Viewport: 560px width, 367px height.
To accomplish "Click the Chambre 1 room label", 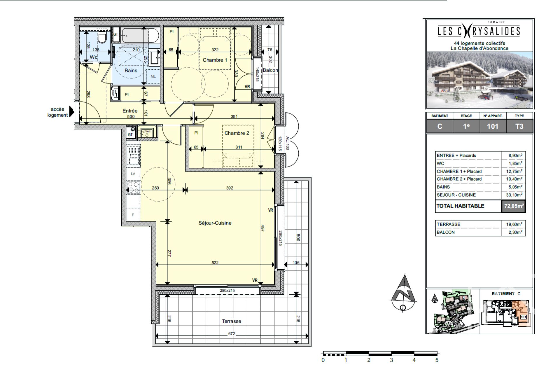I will [215, 60].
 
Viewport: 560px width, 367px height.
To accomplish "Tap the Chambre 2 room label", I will [237, 133].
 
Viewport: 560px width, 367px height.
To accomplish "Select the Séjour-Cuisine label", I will [215, 223].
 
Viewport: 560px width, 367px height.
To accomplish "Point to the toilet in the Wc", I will [102, 38].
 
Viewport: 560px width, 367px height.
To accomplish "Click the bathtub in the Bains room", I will [140, 35].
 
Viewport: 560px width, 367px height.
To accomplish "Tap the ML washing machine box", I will [153, 76].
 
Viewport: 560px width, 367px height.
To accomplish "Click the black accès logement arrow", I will [71, 112].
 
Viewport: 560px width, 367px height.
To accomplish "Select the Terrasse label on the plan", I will [231, 321].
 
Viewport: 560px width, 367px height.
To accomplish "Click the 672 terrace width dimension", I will [232, 333].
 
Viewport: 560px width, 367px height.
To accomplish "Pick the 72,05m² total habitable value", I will [514, 206].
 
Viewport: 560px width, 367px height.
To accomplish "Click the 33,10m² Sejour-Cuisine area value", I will [514, 195].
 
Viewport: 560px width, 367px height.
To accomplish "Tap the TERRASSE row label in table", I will [448, 224].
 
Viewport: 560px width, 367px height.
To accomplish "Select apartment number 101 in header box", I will [493, 126].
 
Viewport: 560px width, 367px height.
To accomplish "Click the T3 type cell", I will [519, 126].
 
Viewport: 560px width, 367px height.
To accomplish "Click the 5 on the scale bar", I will [437, 360].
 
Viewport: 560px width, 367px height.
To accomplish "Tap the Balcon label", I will [270, 70].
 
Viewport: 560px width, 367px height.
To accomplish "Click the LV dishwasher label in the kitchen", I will [133, 174].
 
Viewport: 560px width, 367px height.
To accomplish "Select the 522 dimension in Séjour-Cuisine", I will [215, 263].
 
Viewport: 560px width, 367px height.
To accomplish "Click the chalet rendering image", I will [480, 80].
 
